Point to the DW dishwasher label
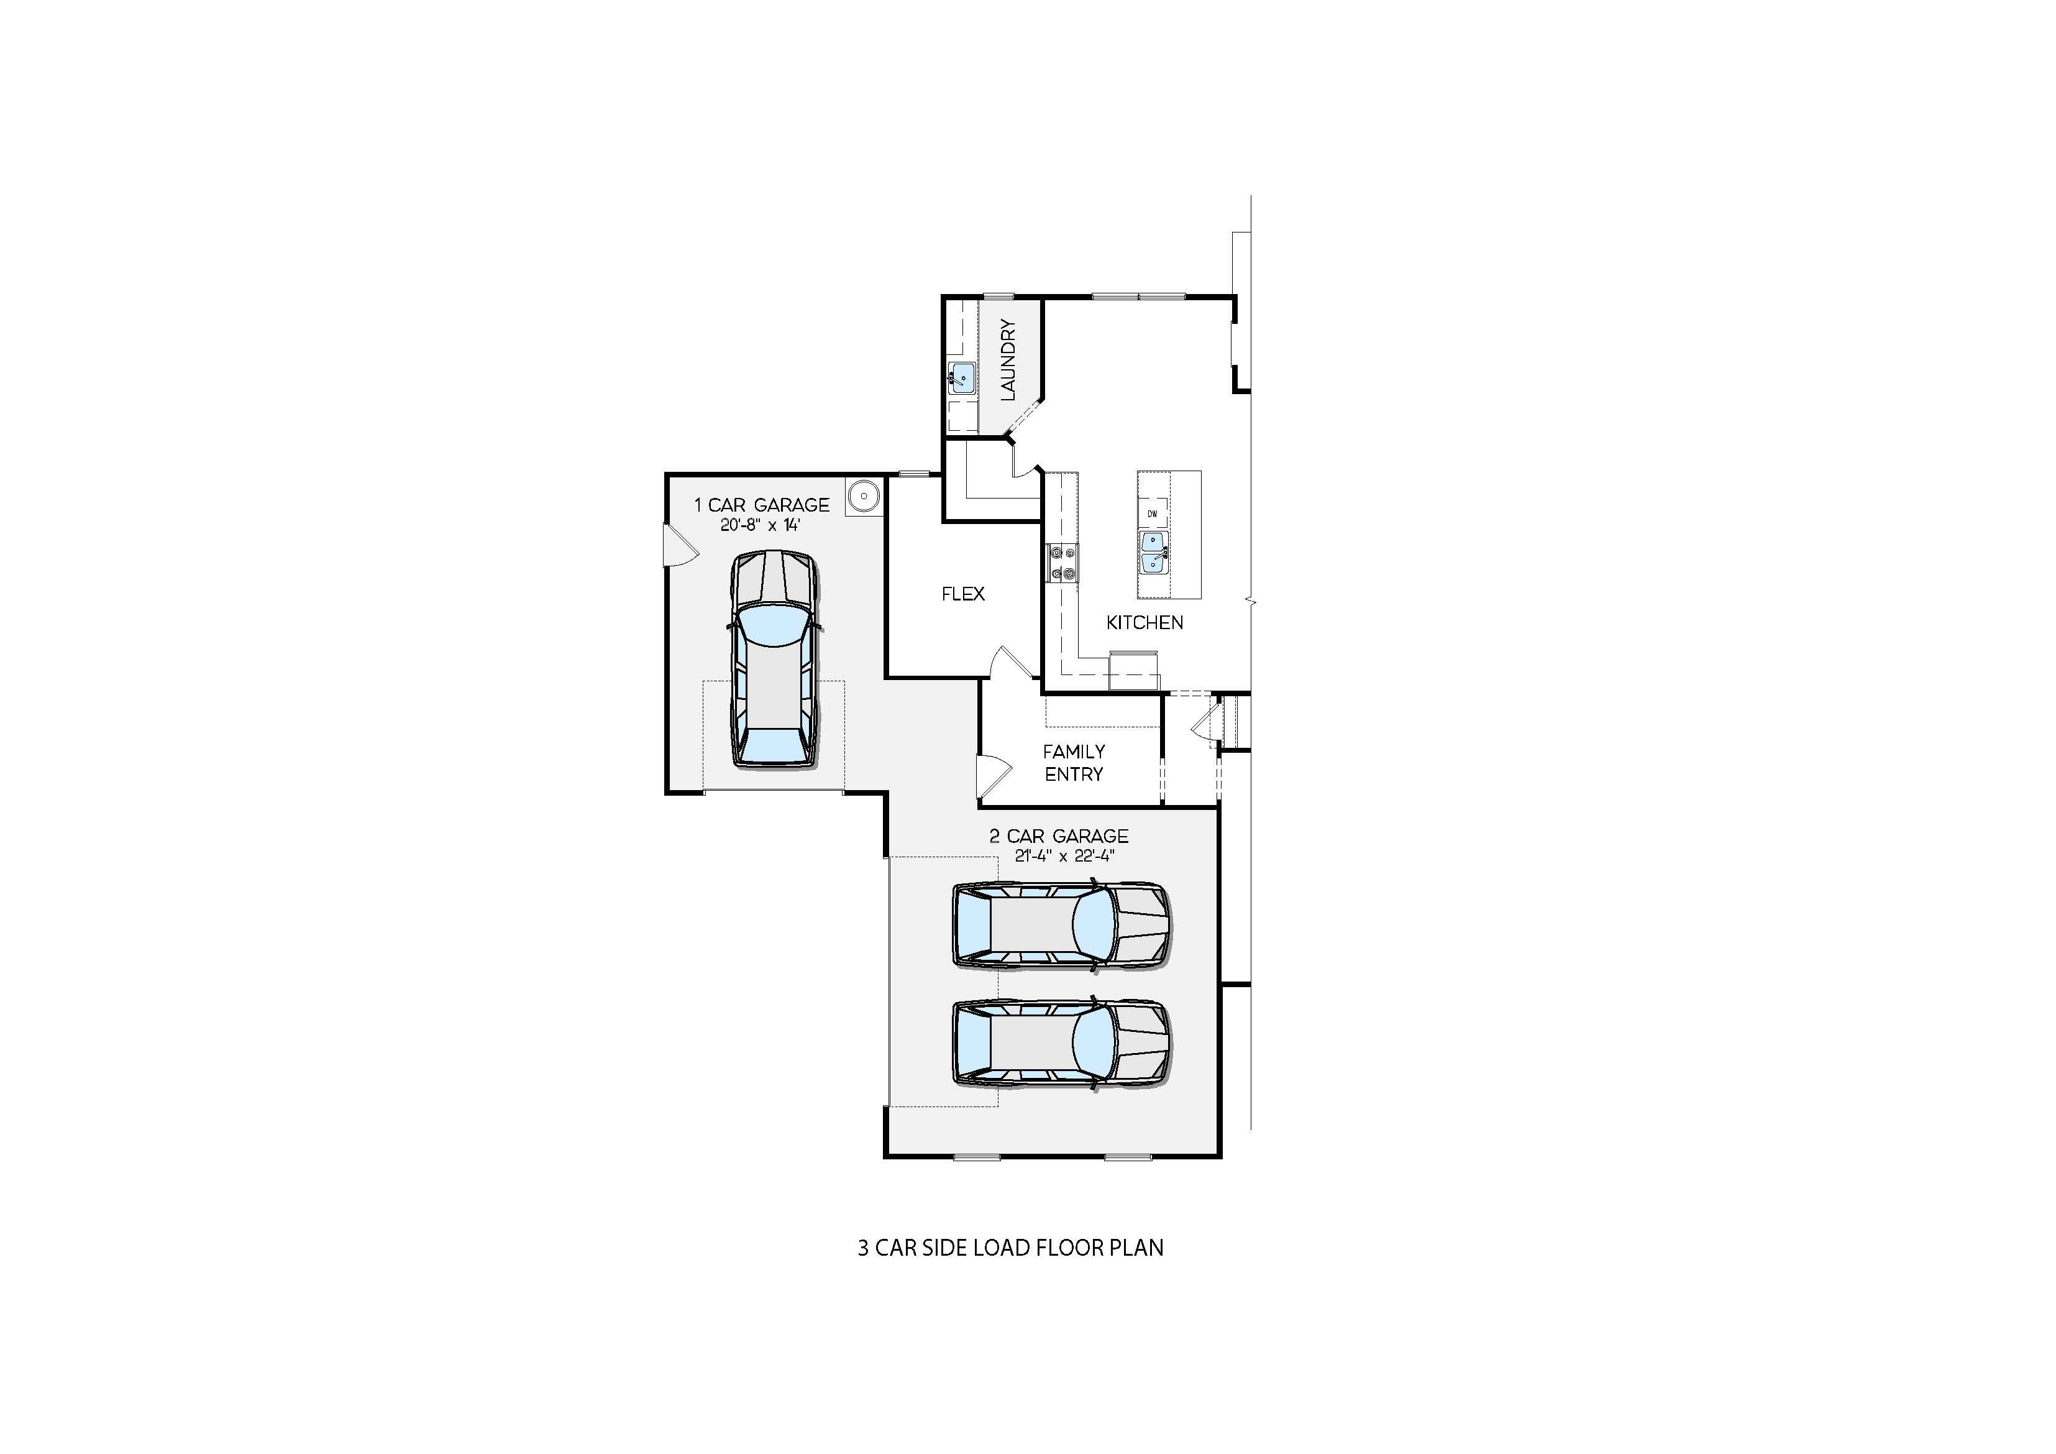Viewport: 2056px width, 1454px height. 1153,513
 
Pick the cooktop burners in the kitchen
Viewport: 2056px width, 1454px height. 1063,563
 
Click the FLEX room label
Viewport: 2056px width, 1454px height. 964,594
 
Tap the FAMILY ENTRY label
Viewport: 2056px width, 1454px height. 1074,762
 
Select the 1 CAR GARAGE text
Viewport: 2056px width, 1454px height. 762,505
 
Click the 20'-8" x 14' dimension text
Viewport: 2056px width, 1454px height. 761,525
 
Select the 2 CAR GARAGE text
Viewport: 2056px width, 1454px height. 1059,836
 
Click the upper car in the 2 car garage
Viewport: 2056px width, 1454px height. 1062,926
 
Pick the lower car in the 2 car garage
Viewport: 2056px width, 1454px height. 1062,1044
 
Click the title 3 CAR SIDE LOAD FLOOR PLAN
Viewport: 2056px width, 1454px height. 1011,1248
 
